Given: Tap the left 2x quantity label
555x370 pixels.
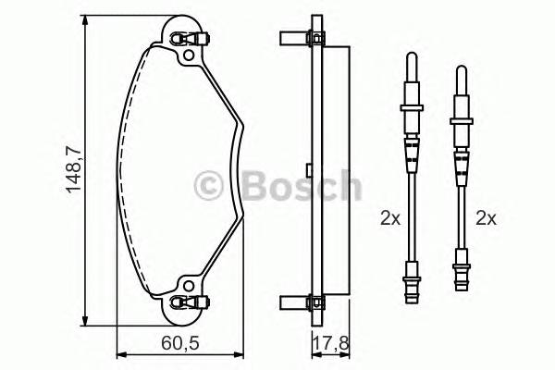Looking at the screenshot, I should tap(390, 219).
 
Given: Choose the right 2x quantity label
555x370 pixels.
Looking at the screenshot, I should tap(487, 219).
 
